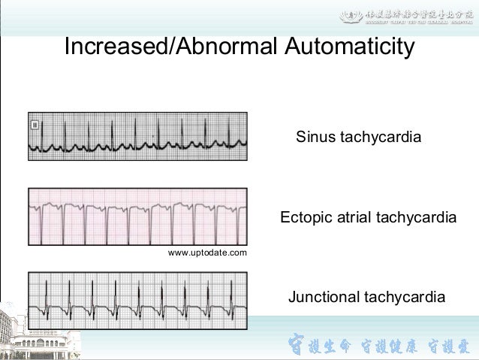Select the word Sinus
(315, 138)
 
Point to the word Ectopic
(305, 218)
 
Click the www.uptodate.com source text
(207, 253)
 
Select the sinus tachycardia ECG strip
(137, 136)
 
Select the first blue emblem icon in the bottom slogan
(297, 346)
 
